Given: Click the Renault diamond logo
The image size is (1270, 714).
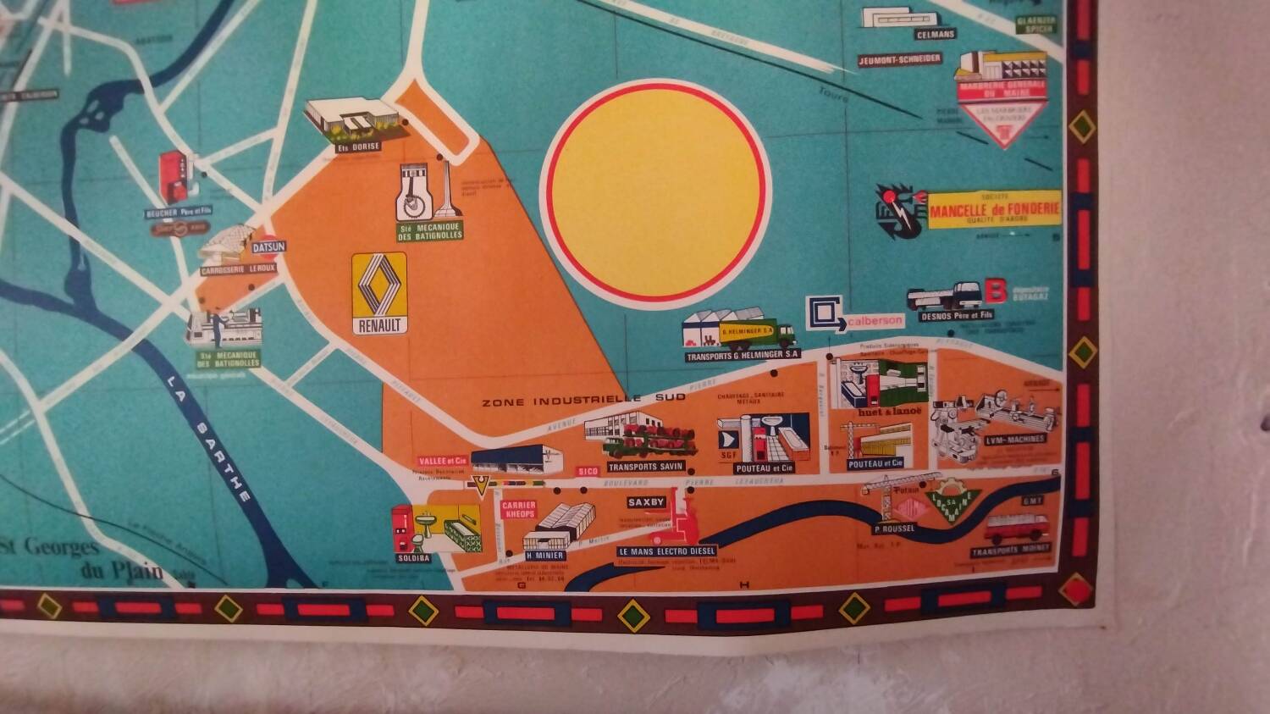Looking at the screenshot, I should (378, 286).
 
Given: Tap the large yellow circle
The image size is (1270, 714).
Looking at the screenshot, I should (656, 191).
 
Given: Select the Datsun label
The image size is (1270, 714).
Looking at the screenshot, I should (269, 246).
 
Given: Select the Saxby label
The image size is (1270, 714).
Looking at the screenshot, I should (647, 502).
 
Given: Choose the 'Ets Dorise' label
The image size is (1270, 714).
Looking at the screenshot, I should (358, 147).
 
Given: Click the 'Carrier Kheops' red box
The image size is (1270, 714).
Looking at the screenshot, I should (518, 509).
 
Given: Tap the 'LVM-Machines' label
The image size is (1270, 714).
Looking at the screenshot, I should (1015, 440).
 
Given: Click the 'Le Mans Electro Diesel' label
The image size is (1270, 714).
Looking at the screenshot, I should (667, 551).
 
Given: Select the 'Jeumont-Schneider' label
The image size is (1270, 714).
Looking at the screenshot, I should (899, 59).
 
